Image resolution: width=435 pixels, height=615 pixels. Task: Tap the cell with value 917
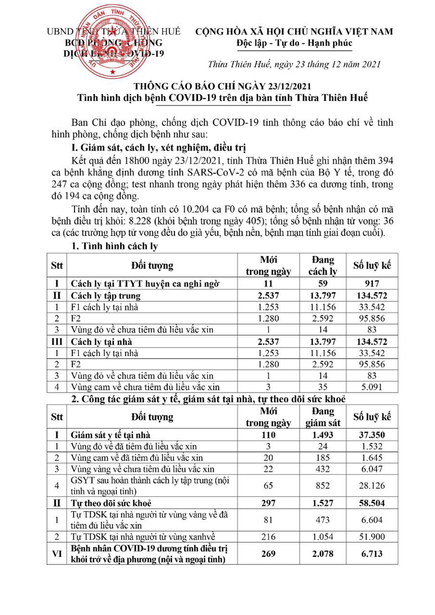tap(372, 283)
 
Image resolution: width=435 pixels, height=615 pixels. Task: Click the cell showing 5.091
tap(372, 387)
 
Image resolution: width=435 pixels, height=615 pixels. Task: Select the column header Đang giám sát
tap(323, 417)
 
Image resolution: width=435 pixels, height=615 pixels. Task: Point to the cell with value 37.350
tap(372, 435)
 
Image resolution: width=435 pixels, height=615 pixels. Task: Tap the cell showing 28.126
tap(372, 486)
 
